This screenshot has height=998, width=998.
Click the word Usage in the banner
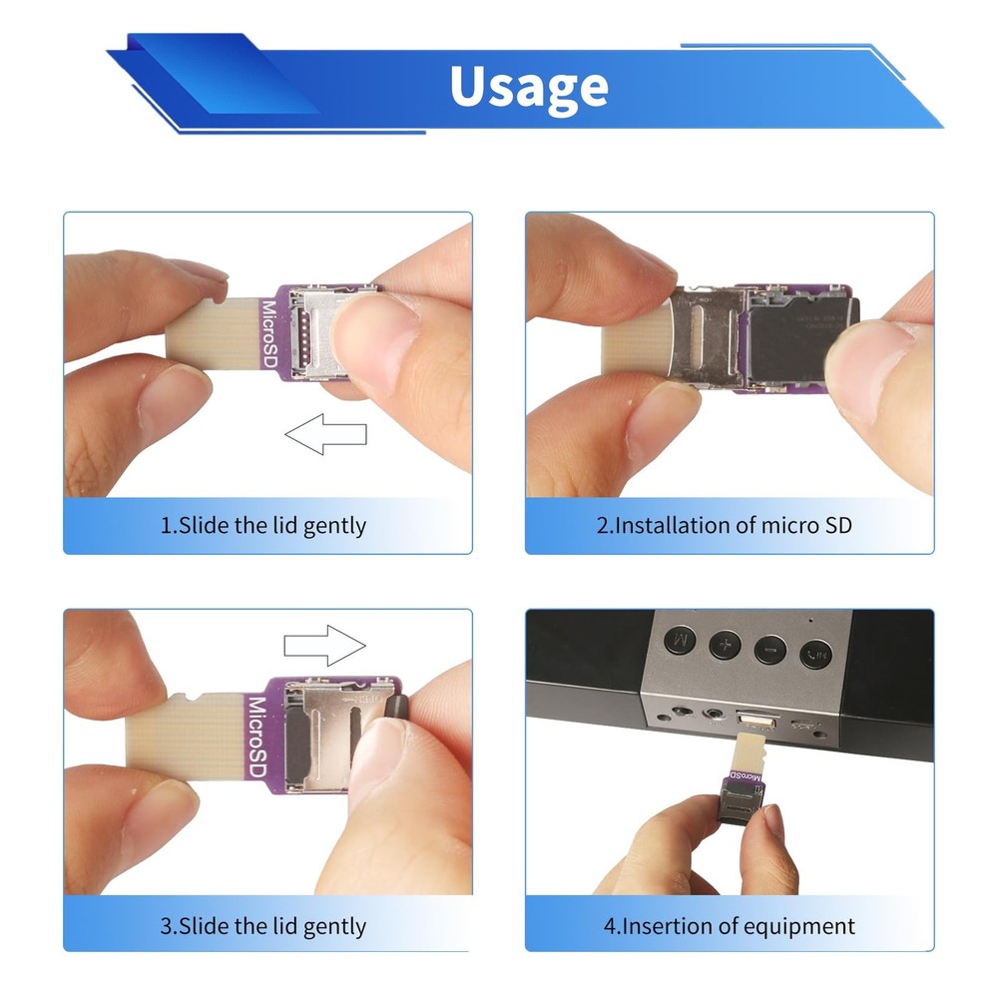pyautogui.click(x=528, y=87)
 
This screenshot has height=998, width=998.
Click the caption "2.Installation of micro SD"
pyautogui.click(x=725, y=525)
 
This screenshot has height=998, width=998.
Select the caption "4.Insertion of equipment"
pyautogui.click(x=729, y=926)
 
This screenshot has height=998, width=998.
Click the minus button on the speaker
pyautogui.click(x=770, y=649)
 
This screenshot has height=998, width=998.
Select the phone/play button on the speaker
pyautogui.click(x=815, y=654)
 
